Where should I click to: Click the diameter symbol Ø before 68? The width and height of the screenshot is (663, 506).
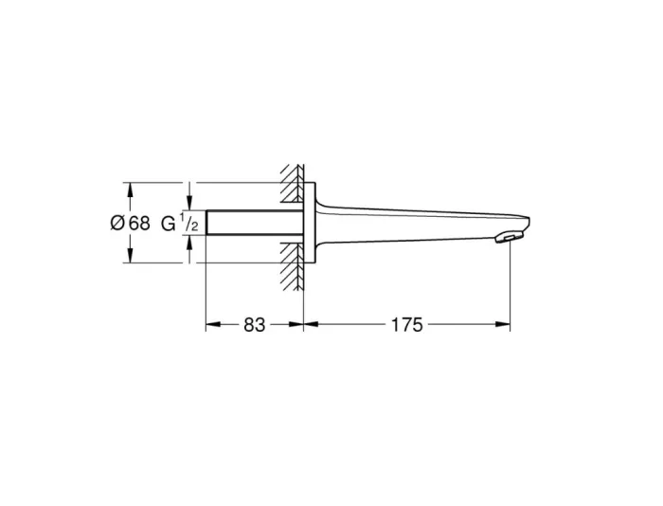(x=116, y=224)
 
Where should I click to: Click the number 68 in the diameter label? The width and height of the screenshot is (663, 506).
(x=139, y=224)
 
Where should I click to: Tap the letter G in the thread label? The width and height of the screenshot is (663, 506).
(x=168, y=224)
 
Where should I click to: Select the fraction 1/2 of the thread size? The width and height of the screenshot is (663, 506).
(x=189, y=224)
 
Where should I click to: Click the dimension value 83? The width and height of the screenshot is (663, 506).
(x=254, y=325)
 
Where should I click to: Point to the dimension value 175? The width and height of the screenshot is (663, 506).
(x=405, y=325)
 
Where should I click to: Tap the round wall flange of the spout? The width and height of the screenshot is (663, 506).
(x=309, y=223)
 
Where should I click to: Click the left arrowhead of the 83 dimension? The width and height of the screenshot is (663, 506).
(x=212, y=325)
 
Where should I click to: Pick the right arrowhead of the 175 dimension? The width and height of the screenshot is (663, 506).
(x=505, y=325)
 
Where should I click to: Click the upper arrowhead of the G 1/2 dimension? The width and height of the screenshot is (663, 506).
(x=190, y=202)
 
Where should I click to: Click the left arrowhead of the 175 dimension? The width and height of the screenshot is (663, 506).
(x=310, y=325)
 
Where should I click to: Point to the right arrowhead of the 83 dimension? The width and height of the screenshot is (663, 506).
(x=296, y=325)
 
